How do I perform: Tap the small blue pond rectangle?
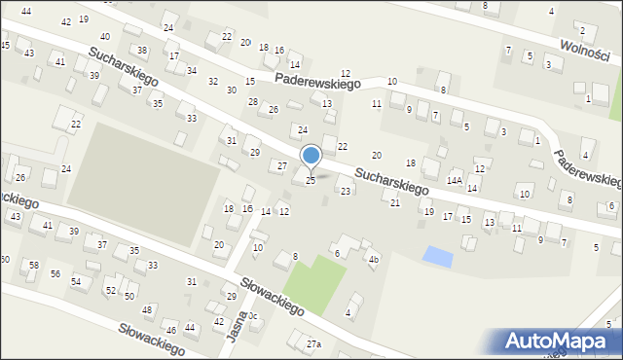[x=439, y=257]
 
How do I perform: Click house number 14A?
[x=455, y=181]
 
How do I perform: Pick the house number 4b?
[x=373, y=259]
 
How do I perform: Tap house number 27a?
[x=313, y=344]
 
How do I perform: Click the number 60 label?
[x=4, y=259]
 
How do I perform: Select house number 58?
[x=33, y=265]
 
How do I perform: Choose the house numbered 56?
[x=55, y=273]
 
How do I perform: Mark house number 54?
[x=76, y=281]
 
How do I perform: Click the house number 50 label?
[x=128, y=295]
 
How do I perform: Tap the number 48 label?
[x=148, y=309]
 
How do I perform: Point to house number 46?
[x=170, y=330]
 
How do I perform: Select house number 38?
[x=142, y=50]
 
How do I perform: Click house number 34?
[x=192, y=71]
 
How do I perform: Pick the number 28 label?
[x=253, y=101]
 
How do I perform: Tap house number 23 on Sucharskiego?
[x=346, y=191]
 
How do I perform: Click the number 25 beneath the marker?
[x=311, y=180]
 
